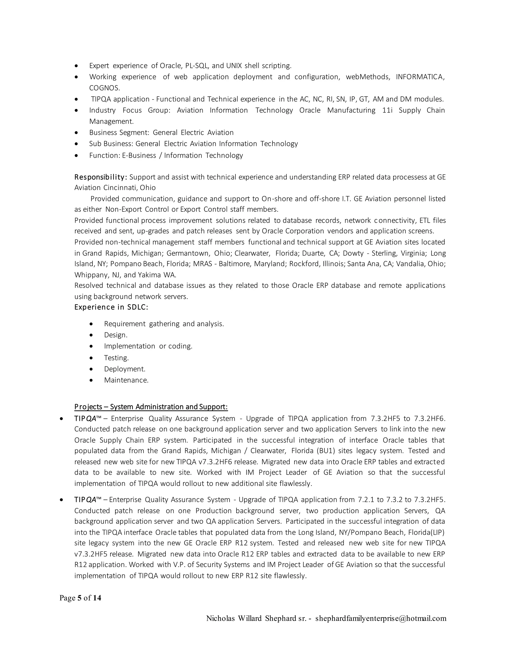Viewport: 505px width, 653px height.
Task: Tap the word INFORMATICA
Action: [420, 77]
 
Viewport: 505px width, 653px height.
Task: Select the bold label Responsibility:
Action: [101, 177]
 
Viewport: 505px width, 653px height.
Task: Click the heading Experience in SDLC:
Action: [111, 307]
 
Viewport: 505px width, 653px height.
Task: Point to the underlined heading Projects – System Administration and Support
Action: [151, 407]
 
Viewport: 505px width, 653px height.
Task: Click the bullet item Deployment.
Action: [125, 369]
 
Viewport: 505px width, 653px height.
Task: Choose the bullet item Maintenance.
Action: [126, 380]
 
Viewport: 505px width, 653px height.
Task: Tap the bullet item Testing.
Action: [116, 358]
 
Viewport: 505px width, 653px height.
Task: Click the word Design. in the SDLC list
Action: [115, 335]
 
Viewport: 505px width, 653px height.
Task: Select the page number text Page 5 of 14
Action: [80, 598]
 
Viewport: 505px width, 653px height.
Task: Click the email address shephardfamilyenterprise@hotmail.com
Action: [380, 619]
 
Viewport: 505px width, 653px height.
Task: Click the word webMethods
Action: [368, 77]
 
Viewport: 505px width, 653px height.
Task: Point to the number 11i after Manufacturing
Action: [387, 110]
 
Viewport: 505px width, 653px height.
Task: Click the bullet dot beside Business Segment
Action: [77, 133]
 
